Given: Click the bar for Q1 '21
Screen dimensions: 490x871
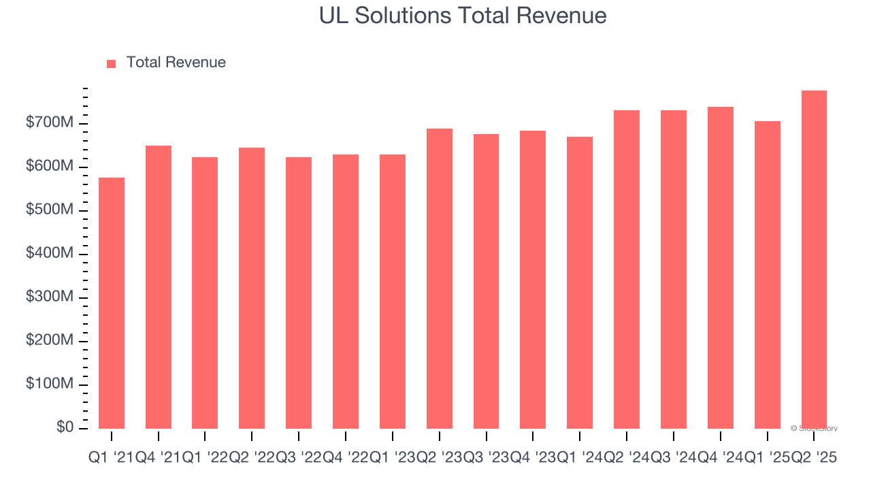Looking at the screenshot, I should point(112,303).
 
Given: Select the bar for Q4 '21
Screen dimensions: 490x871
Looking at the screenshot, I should point(159,287).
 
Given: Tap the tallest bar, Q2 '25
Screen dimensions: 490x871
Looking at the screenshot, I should point(814,259).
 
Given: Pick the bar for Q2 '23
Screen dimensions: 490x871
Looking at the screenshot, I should point(440,278).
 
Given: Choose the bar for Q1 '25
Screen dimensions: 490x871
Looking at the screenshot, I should point(767,275).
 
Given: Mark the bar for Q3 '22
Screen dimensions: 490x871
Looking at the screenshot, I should point(299,293).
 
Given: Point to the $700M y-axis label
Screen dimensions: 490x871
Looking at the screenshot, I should point(50,123).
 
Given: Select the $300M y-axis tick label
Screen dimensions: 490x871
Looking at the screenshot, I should point(50,297).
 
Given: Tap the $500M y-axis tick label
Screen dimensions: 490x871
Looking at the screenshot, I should point(50,210).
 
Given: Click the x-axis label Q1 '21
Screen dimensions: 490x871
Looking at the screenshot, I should point(110,459).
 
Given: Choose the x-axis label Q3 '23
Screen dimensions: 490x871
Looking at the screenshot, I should point(487,459).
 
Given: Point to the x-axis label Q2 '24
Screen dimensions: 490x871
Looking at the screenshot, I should point(627,459).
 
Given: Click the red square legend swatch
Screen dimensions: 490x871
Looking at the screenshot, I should point(112,63).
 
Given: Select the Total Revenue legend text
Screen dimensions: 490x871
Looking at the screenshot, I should point(176,63).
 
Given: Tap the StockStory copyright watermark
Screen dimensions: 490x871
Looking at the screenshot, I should point(815,429).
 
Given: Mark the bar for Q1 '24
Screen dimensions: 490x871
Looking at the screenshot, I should point(580,282).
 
